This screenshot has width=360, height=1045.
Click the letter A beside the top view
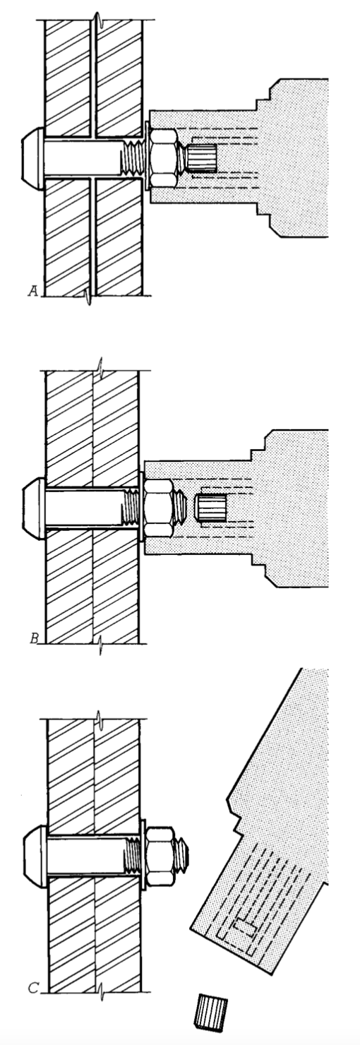[x=33, y=292]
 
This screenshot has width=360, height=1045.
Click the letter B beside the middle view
[x=34, y=638]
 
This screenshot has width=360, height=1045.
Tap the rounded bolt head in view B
[x=34, y=508]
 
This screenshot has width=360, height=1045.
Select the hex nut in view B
[x=159, y=508]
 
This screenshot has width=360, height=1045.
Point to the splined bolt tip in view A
[x=201, y=159]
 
